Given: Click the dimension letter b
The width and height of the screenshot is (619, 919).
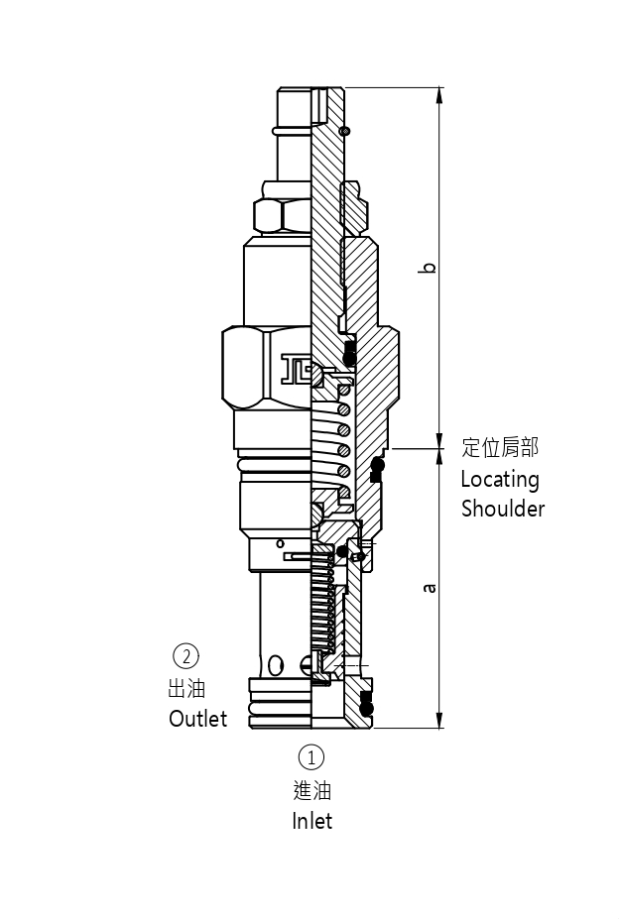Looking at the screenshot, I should (429, 268).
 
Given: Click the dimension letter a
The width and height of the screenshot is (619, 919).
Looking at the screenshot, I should (429, 588).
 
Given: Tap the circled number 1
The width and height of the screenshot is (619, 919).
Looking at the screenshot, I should (311, 757).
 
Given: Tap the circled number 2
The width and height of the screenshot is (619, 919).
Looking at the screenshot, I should (186, 655).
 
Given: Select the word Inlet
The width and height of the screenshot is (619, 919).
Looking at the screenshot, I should (311, 821).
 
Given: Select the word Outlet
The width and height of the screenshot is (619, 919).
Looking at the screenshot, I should (197, 719).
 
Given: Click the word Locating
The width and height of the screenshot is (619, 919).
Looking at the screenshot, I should (500, 480).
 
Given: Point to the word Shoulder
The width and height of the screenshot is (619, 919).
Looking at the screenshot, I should (503, 510).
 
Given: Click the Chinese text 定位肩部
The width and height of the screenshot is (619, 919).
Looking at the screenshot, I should (500, 448).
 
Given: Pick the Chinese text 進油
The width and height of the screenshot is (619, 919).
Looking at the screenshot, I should (311, 790).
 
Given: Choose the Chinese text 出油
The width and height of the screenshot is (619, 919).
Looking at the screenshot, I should (186, 688).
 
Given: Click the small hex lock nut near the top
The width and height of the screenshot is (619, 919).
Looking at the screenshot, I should (282, 214).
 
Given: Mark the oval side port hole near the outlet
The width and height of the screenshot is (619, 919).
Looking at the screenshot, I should (276, 663).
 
